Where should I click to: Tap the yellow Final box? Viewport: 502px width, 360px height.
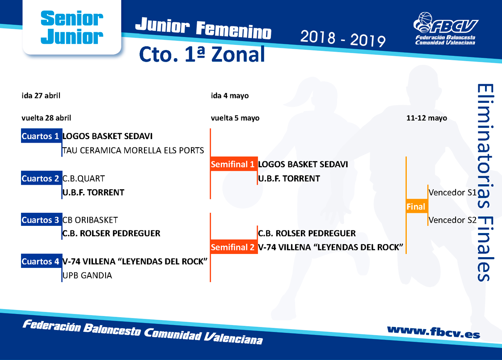pyautogui.click(x=417, y=207)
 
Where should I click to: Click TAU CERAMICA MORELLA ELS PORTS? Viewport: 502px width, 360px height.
pyautogui.click(x=133, y=150)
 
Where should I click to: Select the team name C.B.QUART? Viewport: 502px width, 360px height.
pyautogui.click(x=84, y=178)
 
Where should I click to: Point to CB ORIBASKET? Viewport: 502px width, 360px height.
pyautogui.click(x=90, y=220)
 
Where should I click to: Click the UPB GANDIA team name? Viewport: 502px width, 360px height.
pyautogui.click(x=87, y=275)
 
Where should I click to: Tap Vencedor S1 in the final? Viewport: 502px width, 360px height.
pyautogui.click(x=453, y=192)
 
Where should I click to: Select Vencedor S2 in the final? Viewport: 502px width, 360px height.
pyautogui.click(x=453, y=220)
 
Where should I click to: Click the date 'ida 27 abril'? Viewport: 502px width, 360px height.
pyautogui.click(x=41, y=95)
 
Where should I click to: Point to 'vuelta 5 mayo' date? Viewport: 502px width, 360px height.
pyautogui.click(x=235, y=118)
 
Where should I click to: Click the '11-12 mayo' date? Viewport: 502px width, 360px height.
pyautogui.click(x=427, y=118)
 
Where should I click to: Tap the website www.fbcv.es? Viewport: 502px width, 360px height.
pyautogui.click(x=434, y=332)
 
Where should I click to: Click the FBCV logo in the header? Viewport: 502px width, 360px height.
pyautogui.click(x=445, y=29)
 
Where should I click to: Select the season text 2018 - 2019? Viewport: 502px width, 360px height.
pyautogui.click(x=343, y=39)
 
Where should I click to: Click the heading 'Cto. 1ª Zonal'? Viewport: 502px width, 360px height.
pyautogui.click(x=202, y=54)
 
